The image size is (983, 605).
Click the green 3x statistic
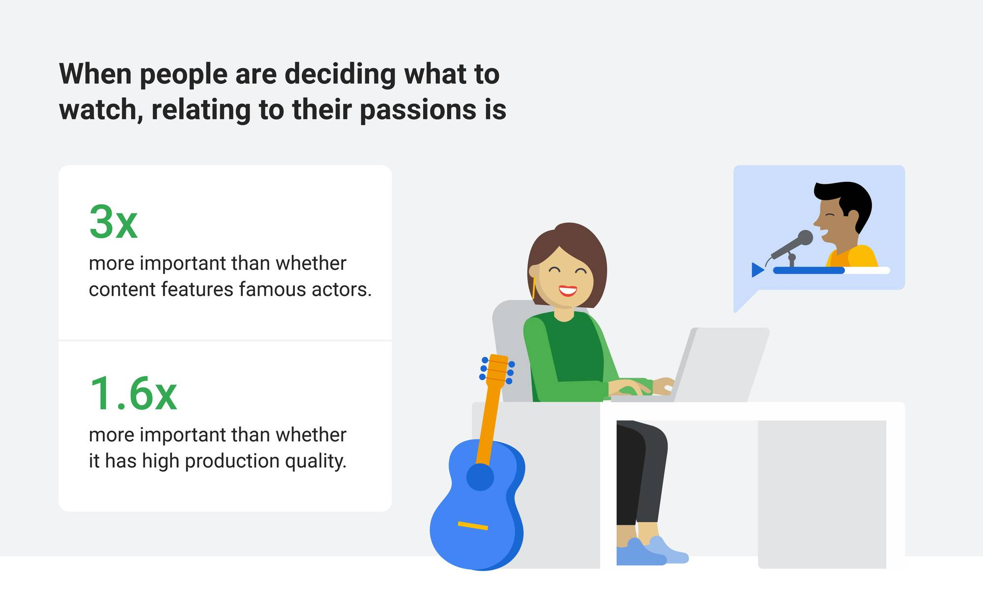pyautogui.click(x=113, y=222)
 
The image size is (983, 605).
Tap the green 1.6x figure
pyautogui.click(x=133, y=394)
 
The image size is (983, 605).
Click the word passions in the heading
pyautogui.click(x=418, y=110)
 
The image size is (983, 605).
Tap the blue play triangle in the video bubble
pyautogui.click(x=757, y=270)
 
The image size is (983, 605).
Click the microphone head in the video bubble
pyautogui.click(x=805, y=238)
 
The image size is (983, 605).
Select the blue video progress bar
pyautogui.click(x=809, y=270)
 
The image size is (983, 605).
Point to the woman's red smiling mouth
pyautogui.click(x=567, y=290)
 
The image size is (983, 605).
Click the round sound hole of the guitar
pyautogui.click(x=480, y=477)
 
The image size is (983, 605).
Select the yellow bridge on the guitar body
pyautogui.click(x=473, y=526)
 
